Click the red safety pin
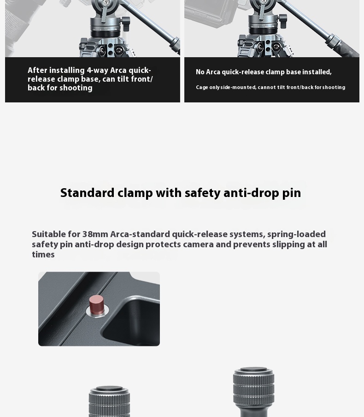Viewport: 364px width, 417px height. [96, 305]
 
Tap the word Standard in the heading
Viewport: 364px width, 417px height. [88, 193]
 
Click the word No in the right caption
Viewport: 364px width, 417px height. [200, 72]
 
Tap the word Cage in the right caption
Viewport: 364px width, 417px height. [202, 88]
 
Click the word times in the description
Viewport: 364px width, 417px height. [43, 255]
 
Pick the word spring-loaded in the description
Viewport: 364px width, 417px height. [297, 234]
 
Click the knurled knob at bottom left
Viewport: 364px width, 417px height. [109, 402]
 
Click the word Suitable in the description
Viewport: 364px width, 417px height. [49, 234]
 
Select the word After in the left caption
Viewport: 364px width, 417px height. [37, 70]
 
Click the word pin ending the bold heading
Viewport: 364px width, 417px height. [292, 193]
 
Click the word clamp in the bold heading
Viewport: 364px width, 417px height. [135, 193]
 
